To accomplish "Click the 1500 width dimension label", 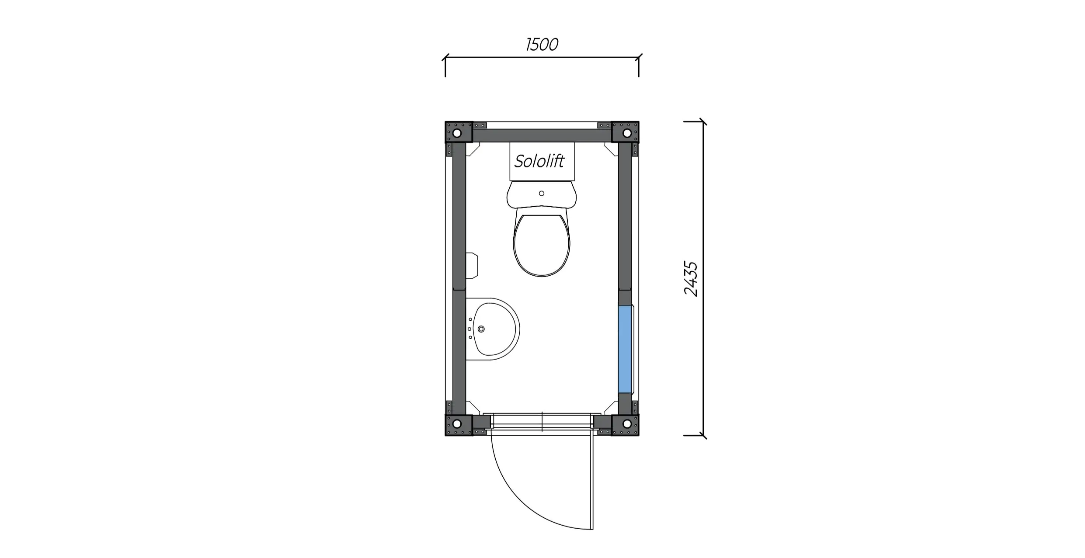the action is (x=542, y=45).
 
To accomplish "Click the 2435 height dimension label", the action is (x=691, y=279).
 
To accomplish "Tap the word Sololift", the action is (x=539, y=161).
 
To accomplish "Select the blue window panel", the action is (x=625, y=349).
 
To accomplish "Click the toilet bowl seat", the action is (x=542, y=245).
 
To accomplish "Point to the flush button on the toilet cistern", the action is (x=542, y=193).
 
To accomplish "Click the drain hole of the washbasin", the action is (x=481, y=329).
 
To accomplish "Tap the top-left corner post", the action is (x=459, y=132).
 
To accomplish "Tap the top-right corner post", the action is (x=625, y=132).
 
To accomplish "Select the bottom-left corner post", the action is (x=459, y=425).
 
